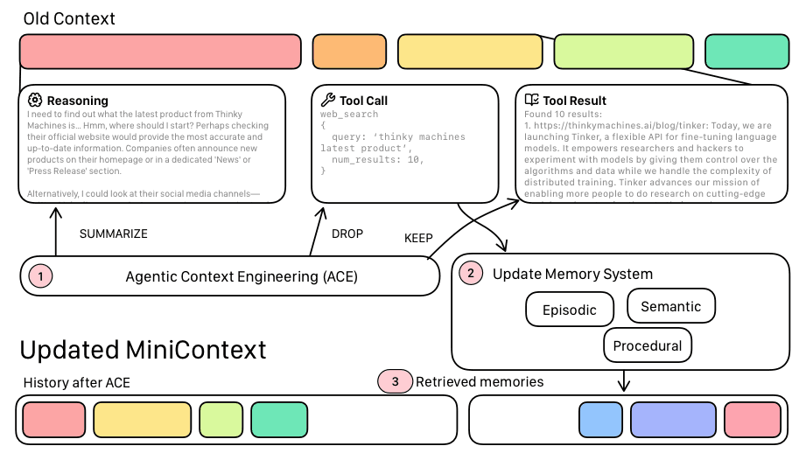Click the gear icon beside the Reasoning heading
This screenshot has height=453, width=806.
click(35, 100)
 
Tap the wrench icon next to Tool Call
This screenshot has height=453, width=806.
click(328, 100)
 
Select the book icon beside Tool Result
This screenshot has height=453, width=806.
click(532, 100)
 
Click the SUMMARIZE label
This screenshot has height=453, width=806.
click(114, 234)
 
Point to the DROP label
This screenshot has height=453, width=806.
click(347, 234)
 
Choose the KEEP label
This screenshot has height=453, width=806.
click(418, 238)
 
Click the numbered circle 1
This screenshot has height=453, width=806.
click(41, 277)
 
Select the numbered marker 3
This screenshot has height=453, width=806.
click(395, 381)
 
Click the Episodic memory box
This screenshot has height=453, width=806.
click(569, 310)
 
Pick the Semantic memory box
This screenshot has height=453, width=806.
click(671, 306)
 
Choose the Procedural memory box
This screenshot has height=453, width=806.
click(648, 345)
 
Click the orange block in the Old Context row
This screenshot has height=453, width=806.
click(349, 52)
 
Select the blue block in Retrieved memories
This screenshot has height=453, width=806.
click(600, 420)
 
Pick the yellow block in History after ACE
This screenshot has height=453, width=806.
click(142, 420)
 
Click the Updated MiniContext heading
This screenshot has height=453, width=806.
click(143, 350)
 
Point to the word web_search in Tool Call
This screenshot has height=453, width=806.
click(349, 115)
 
